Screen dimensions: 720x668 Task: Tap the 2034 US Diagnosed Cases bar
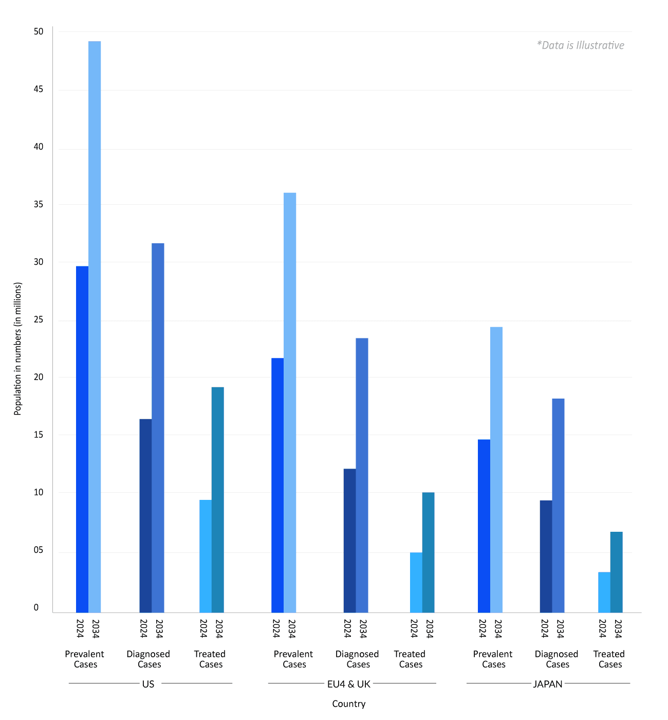(x=158, y=427)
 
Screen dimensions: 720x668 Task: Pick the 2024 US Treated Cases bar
(x=206, y=556)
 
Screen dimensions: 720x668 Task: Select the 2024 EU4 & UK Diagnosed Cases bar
(x=349, y=541)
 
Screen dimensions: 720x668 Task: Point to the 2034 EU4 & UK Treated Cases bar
(x=428, y=552)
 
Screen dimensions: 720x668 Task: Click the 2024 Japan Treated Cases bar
(x=604, y=592)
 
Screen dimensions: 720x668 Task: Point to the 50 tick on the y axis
(x=39, y=32)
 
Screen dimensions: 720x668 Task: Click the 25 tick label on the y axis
(x=39, y=320)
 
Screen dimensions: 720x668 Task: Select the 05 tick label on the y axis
(x=39, y=550)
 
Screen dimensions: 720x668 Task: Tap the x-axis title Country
(x=348, y=704)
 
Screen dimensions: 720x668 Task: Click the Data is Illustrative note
(x=580, y=45)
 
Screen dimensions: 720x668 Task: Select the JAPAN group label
(x=548, y=684)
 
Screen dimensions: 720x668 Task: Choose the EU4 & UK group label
(x=348, y=684)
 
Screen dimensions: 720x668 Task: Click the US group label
(x=148, y=684)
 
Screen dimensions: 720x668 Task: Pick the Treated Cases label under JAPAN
(x=609, y=659)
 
